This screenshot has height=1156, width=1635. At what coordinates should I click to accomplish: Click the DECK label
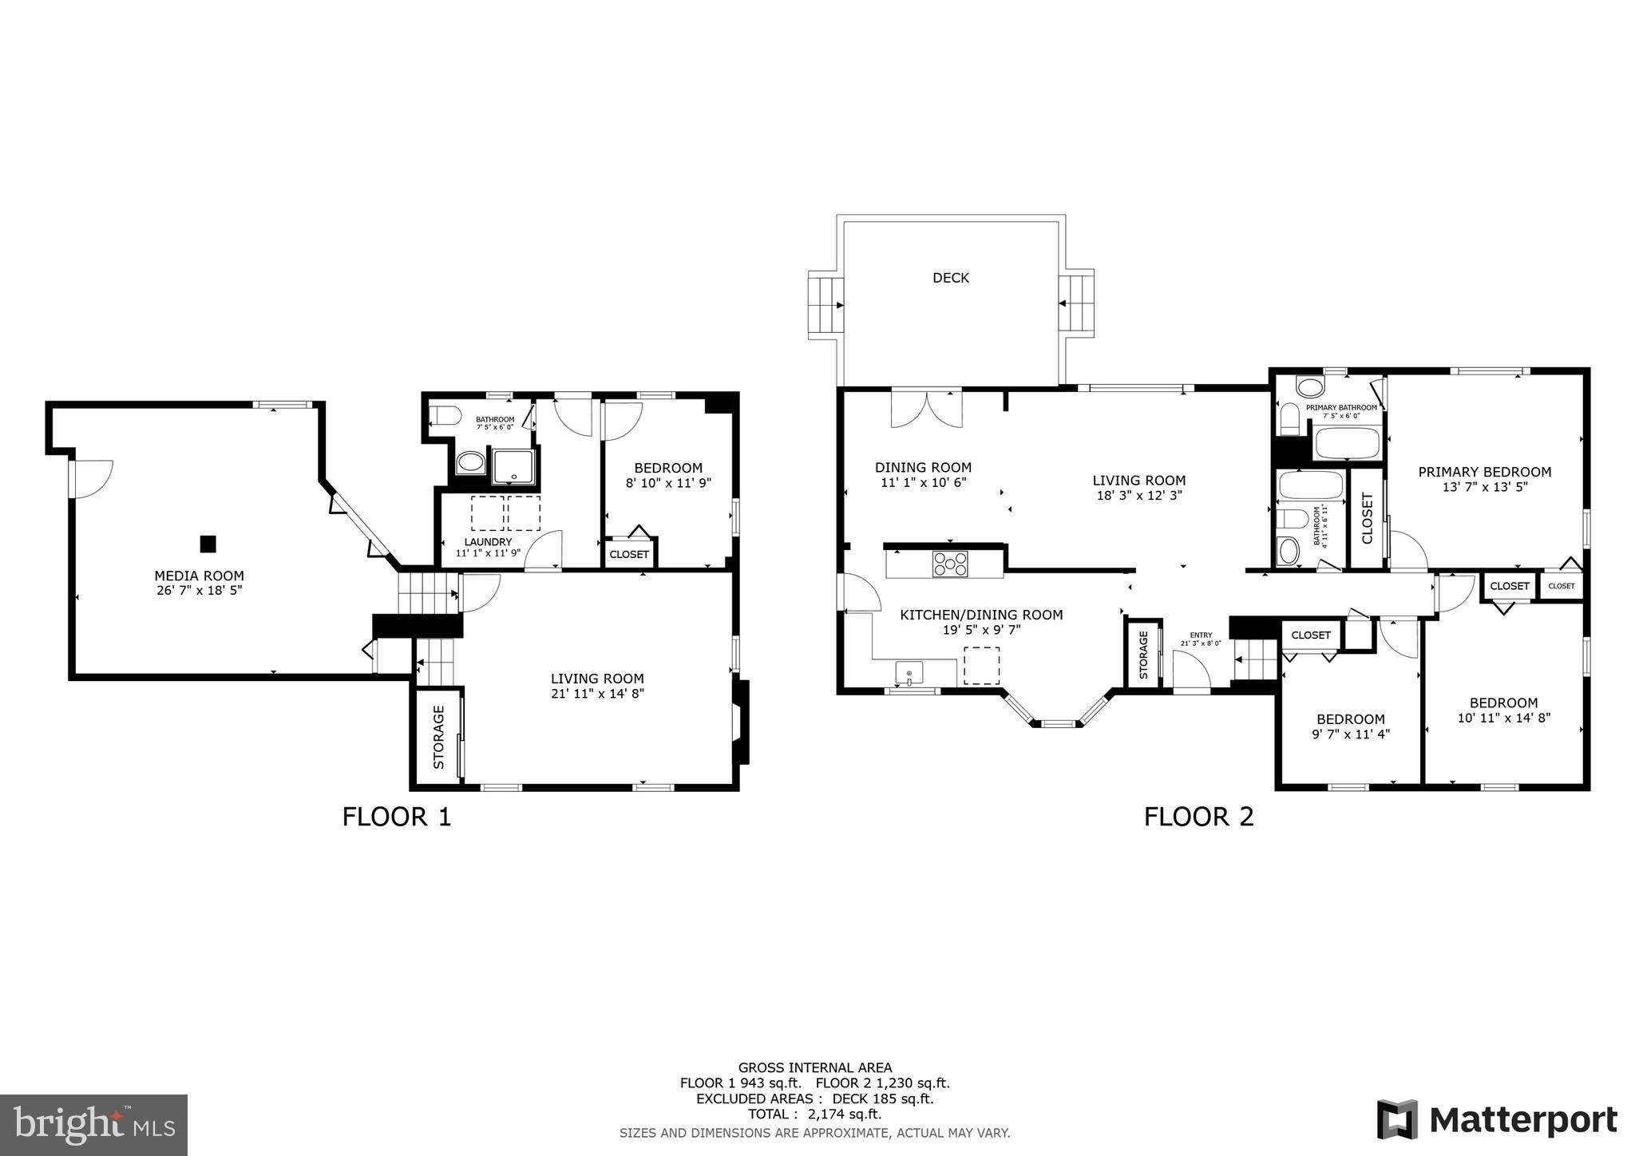(x=951, y=278)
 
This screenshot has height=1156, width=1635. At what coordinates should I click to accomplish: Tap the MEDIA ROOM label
(x=199, y=576)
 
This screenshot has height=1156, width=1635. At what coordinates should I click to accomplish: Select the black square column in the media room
(x=208, y=544)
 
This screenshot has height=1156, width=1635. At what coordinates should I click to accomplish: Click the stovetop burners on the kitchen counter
(x=950, y=564)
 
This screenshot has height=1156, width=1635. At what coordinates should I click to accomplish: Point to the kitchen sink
(x=909, y=673)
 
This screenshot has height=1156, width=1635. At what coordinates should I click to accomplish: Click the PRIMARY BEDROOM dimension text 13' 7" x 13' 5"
(x=1484, y=486)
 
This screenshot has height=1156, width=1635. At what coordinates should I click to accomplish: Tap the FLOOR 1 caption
(x=397, y=817)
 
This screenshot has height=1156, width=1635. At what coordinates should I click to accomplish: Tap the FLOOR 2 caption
(x=1198, y=817)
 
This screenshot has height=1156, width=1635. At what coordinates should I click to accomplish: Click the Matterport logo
(x=1497, y=1119)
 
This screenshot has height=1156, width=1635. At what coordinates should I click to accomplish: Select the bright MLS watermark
(x=93, y=1125)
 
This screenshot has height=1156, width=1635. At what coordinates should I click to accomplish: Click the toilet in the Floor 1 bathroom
(x=445, y=416)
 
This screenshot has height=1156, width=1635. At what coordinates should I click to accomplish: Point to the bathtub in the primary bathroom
(x=1347, y=444)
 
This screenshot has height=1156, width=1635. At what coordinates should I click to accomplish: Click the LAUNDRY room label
(x=488, y=541)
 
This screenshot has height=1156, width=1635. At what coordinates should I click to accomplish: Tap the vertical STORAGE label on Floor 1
(x=438, y=737)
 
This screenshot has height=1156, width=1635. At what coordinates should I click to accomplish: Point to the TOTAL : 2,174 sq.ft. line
(x=814, y=1114)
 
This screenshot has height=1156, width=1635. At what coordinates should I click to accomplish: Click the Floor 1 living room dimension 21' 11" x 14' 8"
(x=596, y=694)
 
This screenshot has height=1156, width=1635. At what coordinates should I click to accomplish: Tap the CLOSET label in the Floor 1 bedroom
(x=629, y=554)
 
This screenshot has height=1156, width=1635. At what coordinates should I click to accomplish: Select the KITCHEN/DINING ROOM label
(x=981, y=615)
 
